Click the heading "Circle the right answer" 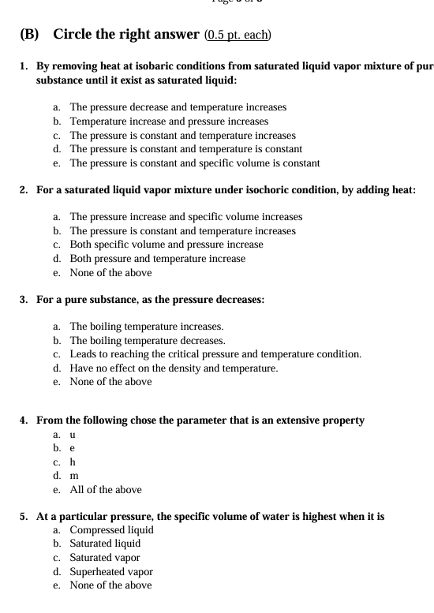click(x=126, y=35)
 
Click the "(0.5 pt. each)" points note click(x=238, y=35)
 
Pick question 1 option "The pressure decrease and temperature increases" click(x=178, y=107)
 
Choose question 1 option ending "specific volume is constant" click(x=194, y=163)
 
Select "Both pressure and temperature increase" click(x=157, y=258)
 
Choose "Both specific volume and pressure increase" click(x=166, y=244)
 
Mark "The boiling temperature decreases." click(x=147, y=340)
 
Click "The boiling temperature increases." click(x=146, y=326)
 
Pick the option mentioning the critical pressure click(x=215, y=354)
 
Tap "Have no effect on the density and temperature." click(x=174, y=368)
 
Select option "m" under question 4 click(x=74, y=476)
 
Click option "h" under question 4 click(x=73, y=462)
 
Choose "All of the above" click(x=106, y=490)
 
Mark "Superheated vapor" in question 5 click(x=111, y=571)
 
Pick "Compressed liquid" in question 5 click(x=111, y=529)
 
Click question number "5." click(x=24, y=517)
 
